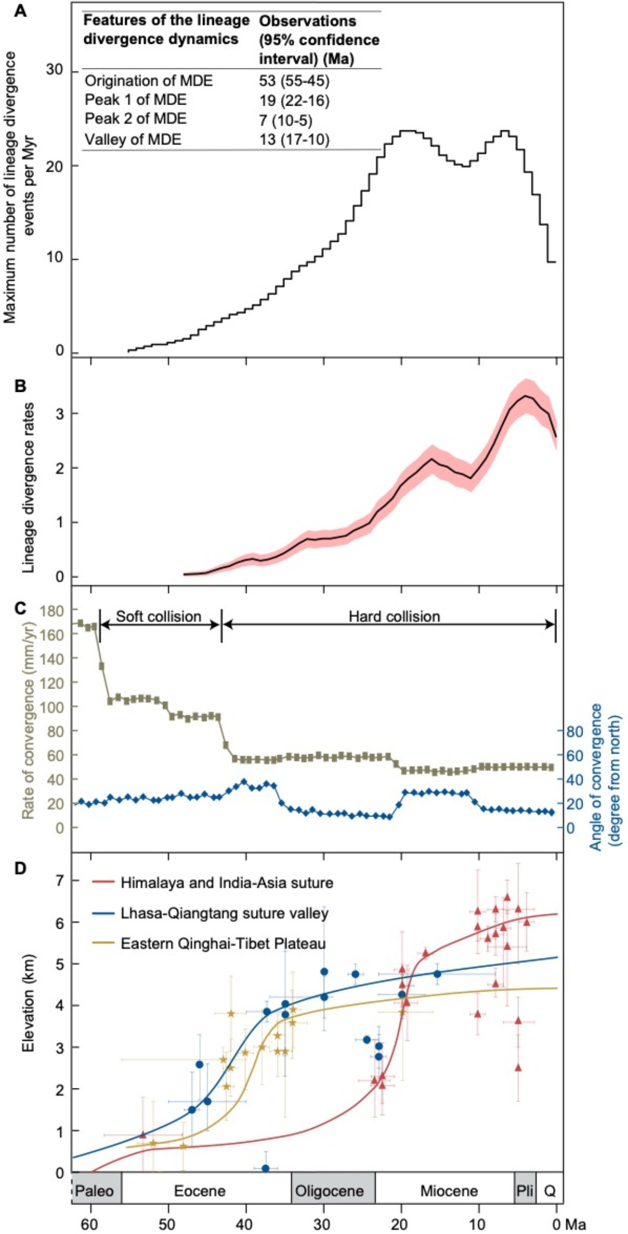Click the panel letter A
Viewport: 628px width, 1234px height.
[20, 10]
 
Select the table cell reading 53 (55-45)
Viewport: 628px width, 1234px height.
[294, 81]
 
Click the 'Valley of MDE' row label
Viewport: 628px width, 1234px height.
[132, 140]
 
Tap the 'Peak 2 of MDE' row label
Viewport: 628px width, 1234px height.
[135, 119]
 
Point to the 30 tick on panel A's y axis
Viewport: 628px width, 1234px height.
[55, 71]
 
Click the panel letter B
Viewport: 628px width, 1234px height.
[20, 386]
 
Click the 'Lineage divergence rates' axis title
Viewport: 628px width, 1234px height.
[28, 488]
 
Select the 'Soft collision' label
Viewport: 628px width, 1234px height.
[159, 617]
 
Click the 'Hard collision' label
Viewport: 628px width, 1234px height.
[394, 617]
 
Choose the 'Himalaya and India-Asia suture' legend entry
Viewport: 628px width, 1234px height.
[226, 883]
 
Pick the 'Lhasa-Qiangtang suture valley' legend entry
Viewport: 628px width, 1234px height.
[224, 913]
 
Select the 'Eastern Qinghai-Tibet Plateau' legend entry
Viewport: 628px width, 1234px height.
[223, 943]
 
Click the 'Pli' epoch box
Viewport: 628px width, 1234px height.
[525, 1191]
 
